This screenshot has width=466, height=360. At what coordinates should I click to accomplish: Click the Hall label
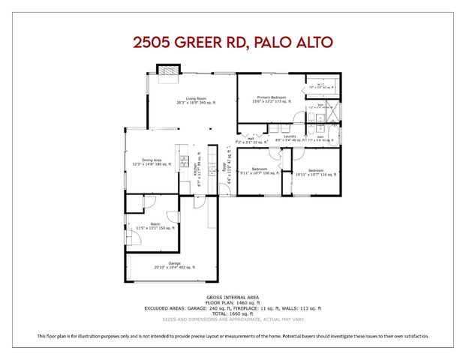250,139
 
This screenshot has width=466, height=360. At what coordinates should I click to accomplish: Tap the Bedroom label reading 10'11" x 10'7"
315,172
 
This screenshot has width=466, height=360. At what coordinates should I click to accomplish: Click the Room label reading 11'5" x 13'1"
155,226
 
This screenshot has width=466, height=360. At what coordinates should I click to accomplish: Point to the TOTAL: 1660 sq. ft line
233,313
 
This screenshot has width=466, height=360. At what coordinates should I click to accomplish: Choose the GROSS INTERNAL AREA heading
233,298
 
